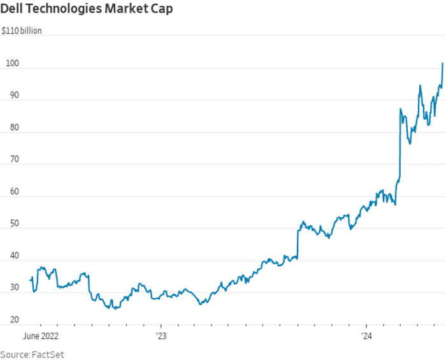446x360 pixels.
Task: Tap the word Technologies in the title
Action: (x=64, y=10)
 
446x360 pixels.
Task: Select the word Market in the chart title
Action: (x=128, y=10)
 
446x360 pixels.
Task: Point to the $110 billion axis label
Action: (x=22, y=30)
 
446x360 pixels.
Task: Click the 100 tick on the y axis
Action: (x=11, y=64)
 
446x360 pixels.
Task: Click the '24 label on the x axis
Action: (x=367, y=335)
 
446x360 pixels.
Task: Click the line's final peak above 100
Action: (x=443, y=63)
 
